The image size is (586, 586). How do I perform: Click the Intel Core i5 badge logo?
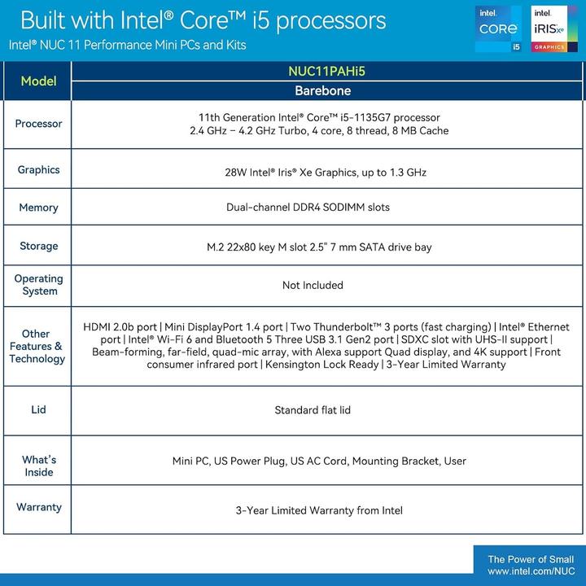pos(499,29)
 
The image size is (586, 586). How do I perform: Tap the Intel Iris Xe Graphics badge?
pos(549,29)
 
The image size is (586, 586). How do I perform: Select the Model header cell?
pos(38,81)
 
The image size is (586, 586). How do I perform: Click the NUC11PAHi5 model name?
pos(328,71)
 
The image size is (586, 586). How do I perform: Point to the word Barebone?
pos(328,91)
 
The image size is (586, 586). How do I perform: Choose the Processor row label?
pos(38,124)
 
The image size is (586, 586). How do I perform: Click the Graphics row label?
pos(38,170)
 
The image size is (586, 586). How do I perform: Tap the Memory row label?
pos(38,208)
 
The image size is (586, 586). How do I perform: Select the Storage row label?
pos(38,246)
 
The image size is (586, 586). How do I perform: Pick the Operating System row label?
pos(38,285)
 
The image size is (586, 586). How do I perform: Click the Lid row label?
pos(38,410)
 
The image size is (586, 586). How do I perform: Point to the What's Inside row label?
pos(38,466)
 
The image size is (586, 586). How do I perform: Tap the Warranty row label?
pos(38,507)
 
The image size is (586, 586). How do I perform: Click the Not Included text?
pos(313,286)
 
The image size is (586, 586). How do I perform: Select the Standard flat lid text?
pos(313,410)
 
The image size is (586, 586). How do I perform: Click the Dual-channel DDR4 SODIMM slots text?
pos(308,208)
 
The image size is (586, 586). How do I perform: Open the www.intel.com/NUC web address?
pos(530,572)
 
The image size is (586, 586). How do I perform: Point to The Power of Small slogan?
pos(530,559)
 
